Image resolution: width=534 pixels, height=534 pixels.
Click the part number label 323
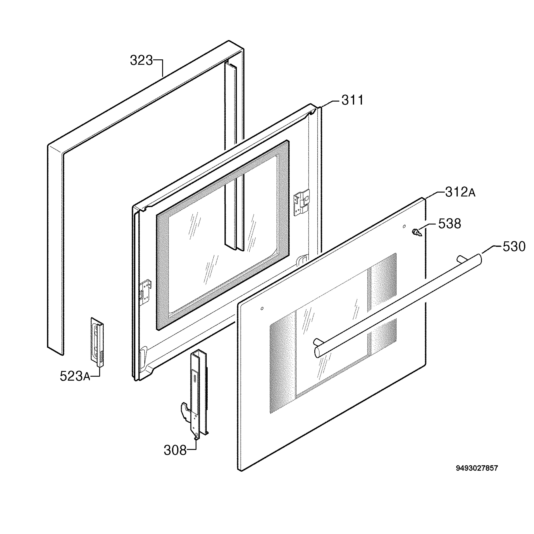pos(141,61)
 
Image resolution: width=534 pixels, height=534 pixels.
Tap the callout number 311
pos(352,100)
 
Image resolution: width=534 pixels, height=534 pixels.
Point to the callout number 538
pos(450,224)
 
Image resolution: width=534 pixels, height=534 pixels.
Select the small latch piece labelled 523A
pos(97,342)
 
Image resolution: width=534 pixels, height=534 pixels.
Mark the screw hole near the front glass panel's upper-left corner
pos(262,308)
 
